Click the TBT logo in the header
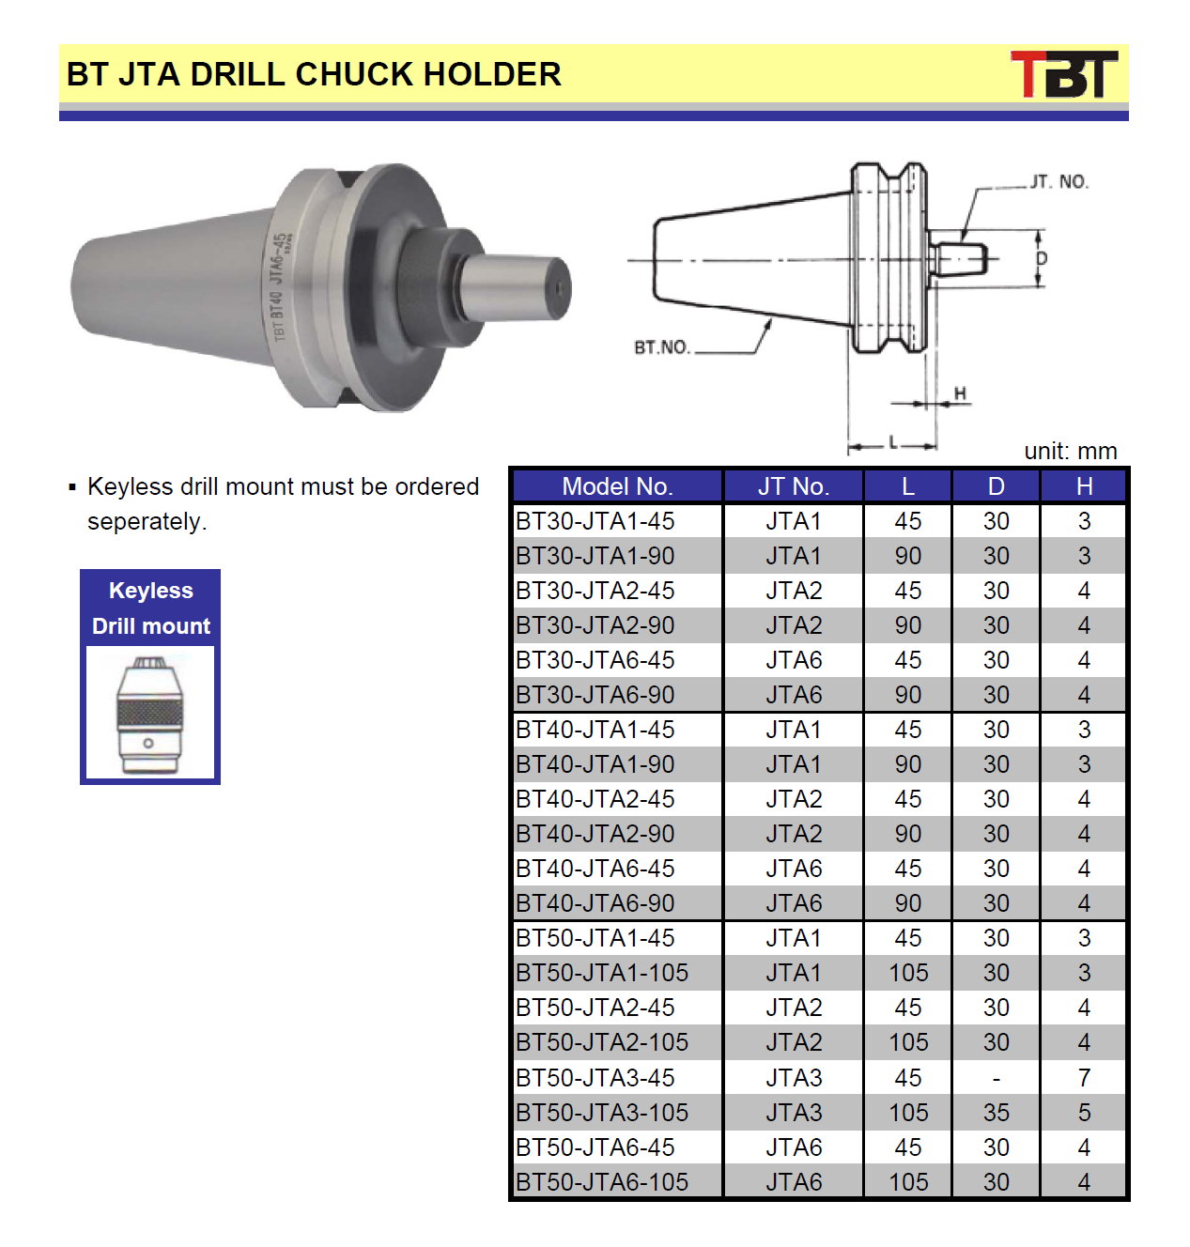coord(1064,74)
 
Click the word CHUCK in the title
coord(355,74)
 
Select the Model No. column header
coord(617,486)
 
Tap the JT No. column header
coord(794,486)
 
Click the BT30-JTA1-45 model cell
coord(595,521)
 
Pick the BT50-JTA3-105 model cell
coord(602,1113)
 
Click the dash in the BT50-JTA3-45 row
coord(996,1078)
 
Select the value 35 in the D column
coord(996,1113)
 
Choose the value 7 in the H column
coord(1084,1078)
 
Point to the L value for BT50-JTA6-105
coord(908,1182)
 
